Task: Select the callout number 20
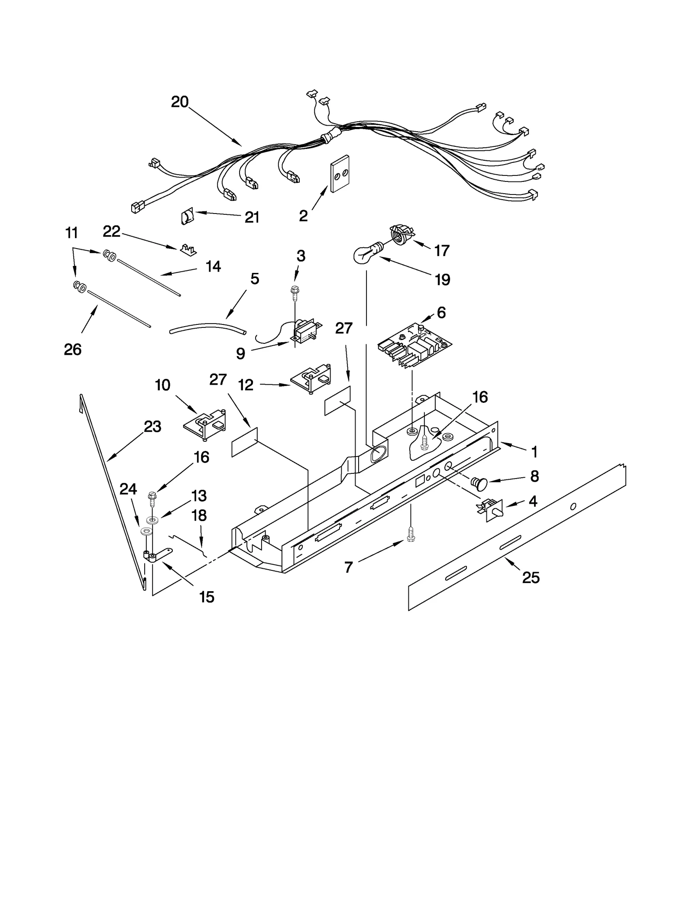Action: tap(180, 102)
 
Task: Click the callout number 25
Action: tap(531, 577)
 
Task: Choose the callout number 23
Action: tap(152, 427)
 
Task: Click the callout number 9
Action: tap(240, 354)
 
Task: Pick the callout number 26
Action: tap(72, 349)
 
